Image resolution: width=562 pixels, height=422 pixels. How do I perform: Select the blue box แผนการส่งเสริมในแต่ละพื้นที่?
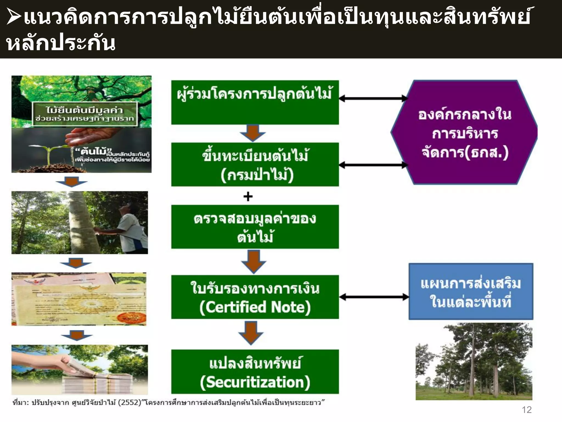471,291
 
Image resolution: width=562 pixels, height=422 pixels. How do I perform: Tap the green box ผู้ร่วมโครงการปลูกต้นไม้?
255,102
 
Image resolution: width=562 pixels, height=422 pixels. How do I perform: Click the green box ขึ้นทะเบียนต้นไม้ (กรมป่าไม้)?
255,164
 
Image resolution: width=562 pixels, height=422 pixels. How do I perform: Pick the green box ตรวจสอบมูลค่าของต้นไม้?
255,227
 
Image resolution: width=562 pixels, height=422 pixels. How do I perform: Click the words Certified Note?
255,307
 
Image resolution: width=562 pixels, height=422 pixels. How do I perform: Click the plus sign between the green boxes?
248,196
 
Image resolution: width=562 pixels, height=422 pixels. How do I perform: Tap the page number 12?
527,410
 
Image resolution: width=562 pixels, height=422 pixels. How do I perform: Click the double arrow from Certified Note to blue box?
374,297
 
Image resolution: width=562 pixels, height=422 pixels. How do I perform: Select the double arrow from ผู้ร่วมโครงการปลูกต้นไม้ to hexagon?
373,98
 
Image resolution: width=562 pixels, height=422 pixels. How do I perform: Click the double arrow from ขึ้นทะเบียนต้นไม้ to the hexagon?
373,165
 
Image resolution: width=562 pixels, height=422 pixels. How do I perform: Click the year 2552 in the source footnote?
129,402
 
